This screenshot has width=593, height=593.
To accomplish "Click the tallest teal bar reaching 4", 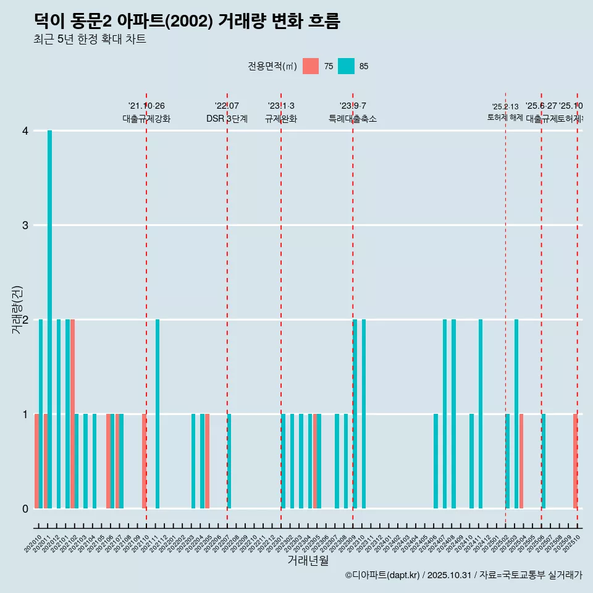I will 49,319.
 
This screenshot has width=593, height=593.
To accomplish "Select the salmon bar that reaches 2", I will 72,414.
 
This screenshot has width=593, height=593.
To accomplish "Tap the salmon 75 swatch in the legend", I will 311,66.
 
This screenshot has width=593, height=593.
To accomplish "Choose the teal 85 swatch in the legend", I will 346,66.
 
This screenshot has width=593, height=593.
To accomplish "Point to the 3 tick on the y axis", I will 25,225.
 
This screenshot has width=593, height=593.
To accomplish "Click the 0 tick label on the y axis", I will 25,508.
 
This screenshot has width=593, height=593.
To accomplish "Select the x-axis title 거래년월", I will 308,560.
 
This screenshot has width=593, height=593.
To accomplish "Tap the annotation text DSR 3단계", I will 227,119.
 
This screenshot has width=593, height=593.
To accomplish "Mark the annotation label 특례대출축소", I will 352,119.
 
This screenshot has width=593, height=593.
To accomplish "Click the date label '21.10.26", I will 146,106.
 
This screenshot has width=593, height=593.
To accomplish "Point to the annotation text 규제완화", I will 281,119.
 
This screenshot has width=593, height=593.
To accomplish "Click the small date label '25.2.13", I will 505,107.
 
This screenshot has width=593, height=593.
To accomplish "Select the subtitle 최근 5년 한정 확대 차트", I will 90,40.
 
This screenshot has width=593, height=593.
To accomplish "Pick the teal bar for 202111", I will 158,414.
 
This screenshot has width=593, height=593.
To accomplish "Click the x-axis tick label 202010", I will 33,544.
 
